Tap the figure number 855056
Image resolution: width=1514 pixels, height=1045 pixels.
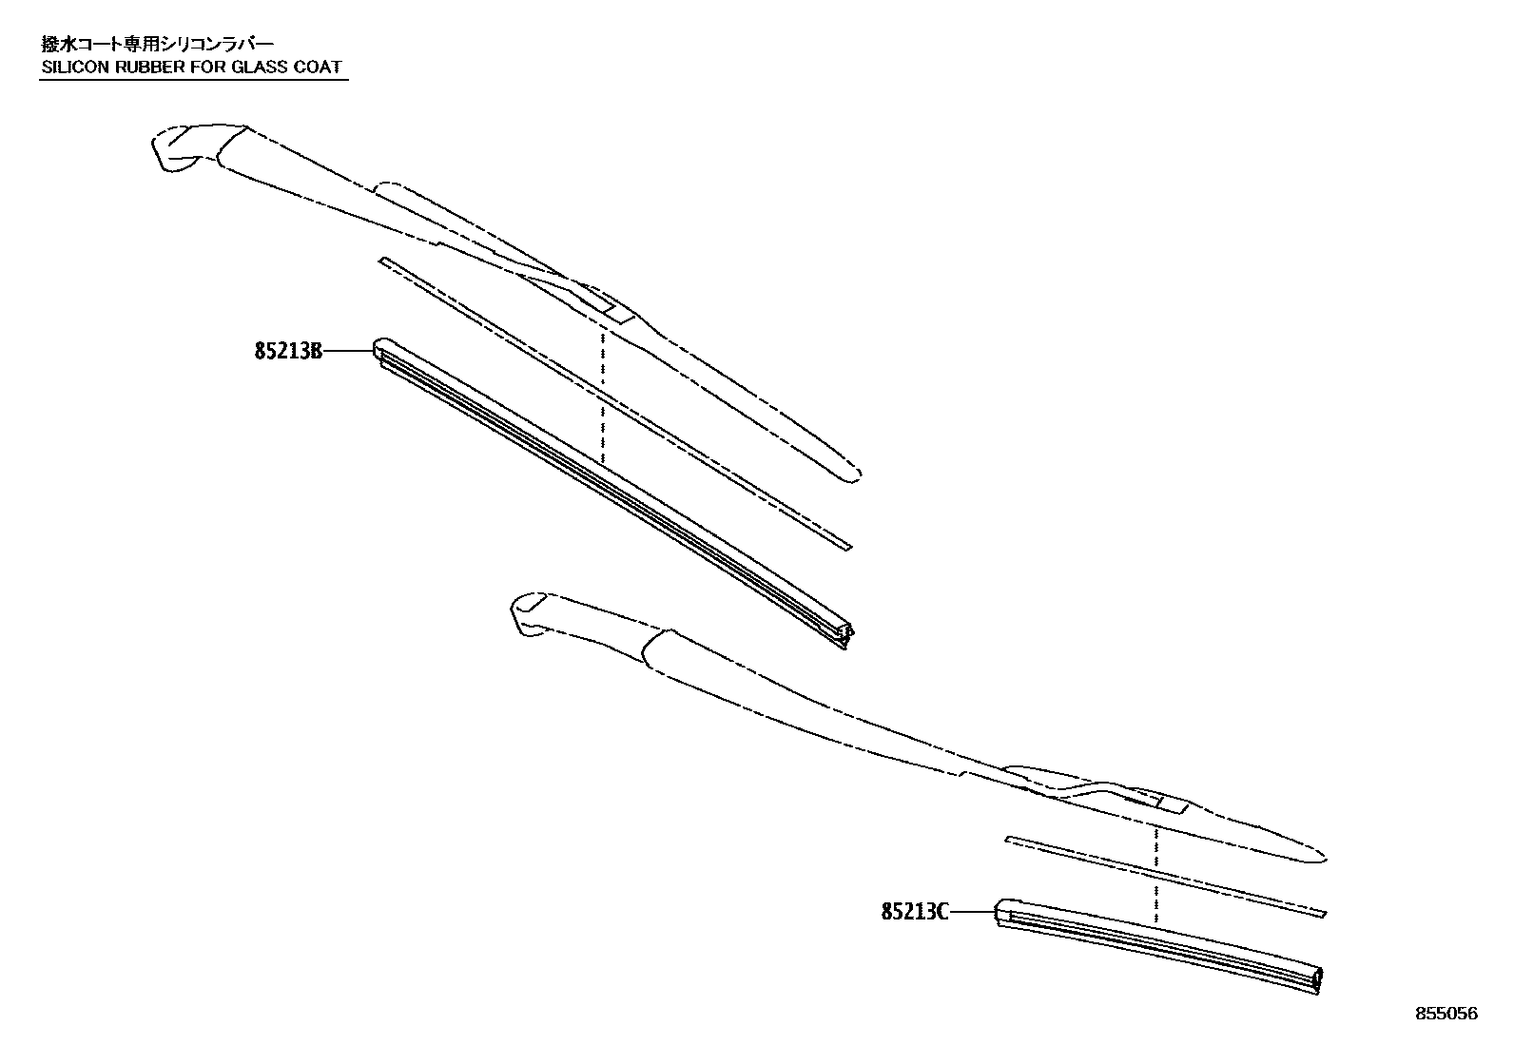1446,1015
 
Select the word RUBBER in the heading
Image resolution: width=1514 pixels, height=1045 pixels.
148,68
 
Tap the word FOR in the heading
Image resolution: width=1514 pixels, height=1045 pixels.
206,68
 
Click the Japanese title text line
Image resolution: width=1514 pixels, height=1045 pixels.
157,44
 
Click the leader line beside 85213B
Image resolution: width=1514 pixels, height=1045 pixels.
347,352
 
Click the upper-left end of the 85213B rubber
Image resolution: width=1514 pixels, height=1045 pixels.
382,348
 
